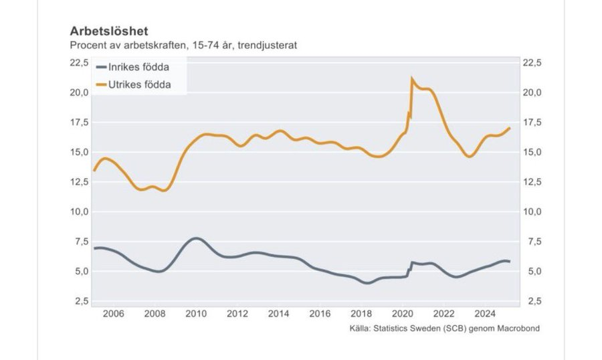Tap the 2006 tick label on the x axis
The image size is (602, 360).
(114, 314)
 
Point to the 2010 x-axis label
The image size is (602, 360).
(195, 314)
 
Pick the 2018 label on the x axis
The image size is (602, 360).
(362, 314)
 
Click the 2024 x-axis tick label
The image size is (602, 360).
(486, 314)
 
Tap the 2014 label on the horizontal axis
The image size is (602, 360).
(279, 314)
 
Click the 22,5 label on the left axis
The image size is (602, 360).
(78, 63)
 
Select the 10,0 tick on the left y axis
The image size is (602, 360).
(78, 211)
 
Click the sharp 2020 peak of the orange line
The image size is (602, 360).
(412, 78)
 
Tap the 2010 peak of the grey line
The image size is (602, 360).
(195, 238)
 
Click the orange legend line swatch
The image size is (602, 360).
(102, 84)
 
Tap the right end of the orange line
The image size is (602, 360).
(510, 128)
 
